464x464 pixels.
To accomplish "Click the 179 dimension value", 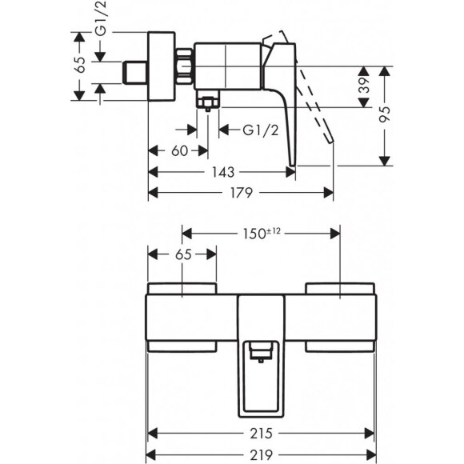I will pyautogui.click(x=243, y=192).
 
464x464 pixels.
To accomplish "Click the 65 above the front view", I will pyautogui.click(x=182, y=255).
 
